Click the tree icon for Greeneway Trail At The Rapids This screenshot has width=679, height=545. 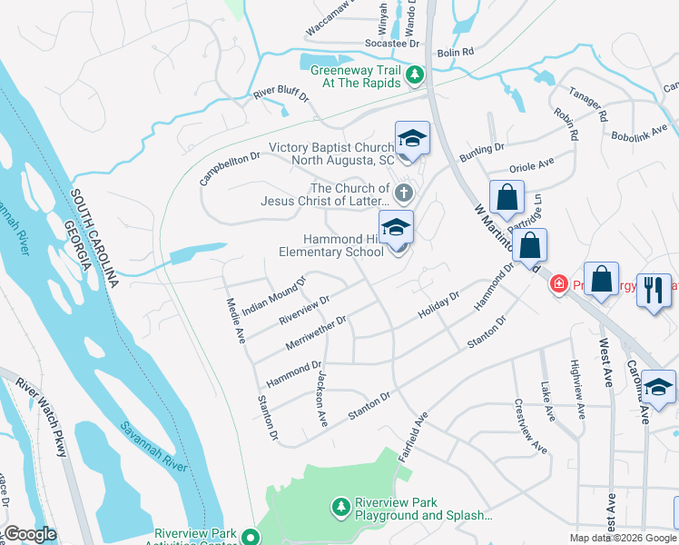click(x=416, y=74)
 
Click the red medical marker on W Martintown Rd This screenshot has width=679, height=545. click(x=558, y=285)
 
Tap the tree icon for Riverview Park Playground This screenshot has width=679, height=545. click(x=340, y=505)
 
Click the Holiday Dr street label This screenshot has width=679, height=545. click(x=439, y=304)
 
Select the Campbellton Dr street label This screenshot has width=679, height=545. click(x=231, y=168)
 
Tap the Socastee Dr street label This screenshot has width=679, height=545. click(x=391, y=43)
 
